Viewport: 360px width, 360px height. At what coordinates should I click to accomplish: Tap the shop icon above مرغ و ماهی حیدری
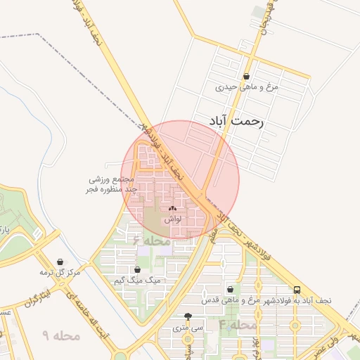pyautogui.click(x=246, y=77)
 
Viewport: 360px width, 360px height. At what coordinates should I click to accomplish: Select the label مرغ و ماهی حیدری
pyautogui.click(x=247, y=88)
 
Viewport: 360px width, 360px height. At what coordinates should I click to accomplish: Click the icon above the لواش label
pyautogui.click(x=173, y=209)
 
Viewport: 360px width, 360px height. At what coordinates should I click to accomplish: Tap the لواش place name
pyautogui.click(x=173, y=219)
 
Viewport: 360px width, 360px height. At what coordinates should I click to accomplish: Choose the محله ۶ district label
pyautogui.click(x=151, y=240)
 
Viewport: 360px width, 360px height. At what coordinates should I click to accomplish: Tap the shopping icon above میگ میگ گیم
pyautogui.click(x=137, y=269)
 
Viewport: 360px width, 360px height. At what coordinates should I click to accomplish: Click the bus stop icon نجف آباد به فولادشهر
pyautogui.click(x=297, y=290)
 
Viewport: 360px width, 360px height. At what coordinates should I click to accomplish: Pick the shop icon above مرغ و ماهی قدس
pyautogui.click(x=230, y=290)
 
